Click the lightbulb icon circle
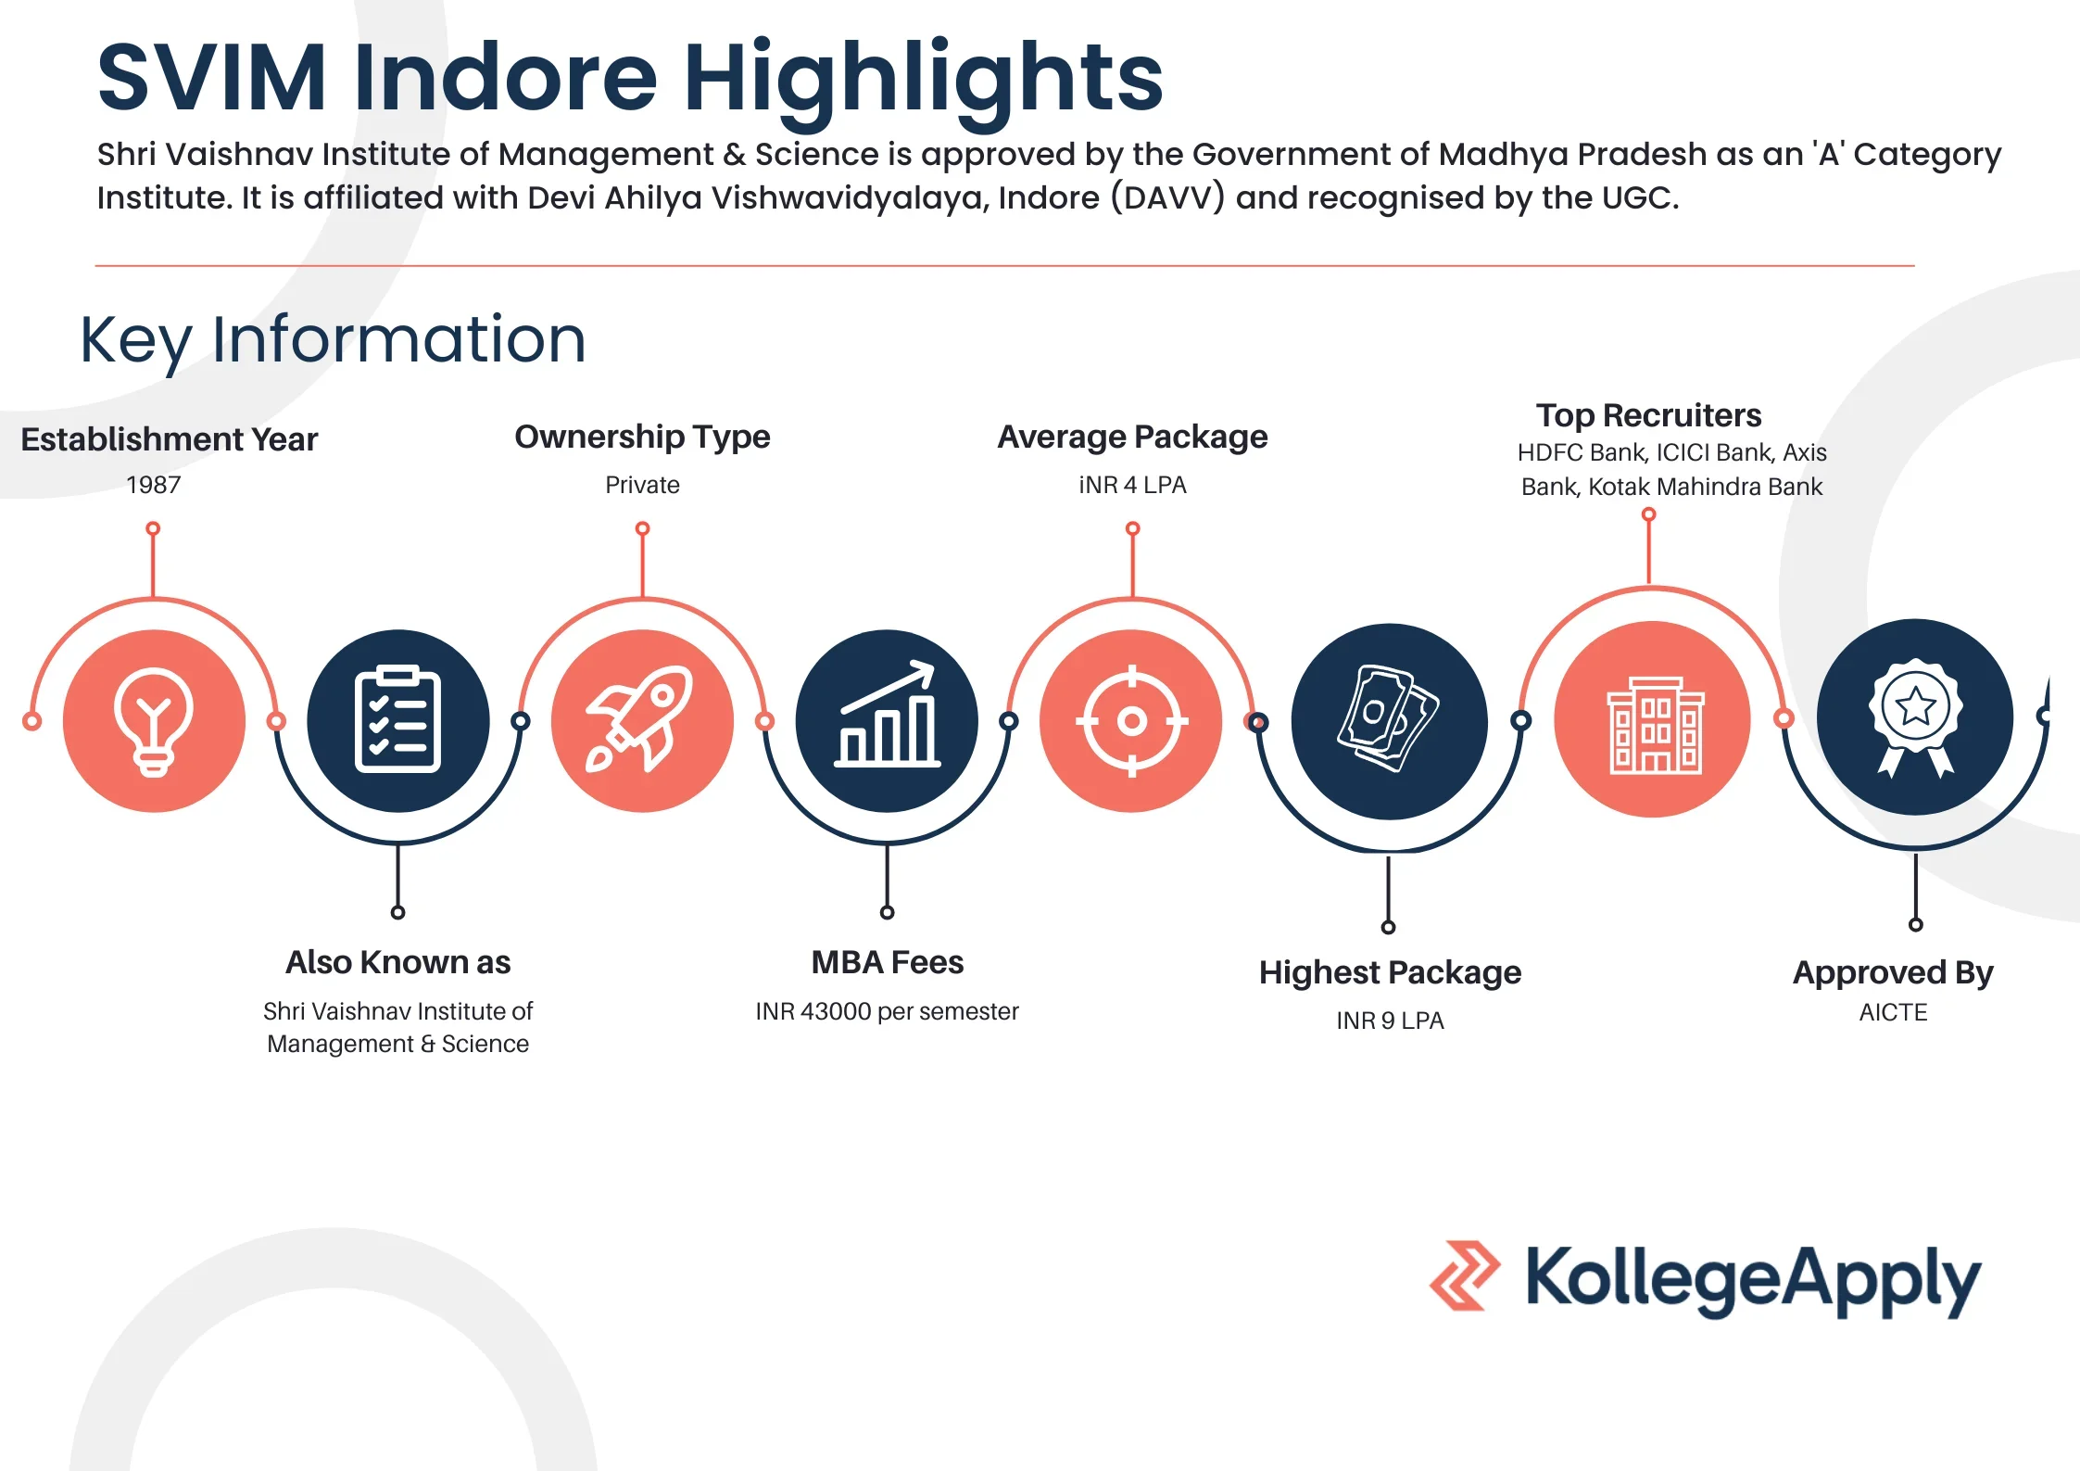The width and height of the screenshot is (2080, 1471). pos(154,720)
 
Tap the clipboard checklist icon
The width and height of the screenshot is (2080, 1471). pos(398,720)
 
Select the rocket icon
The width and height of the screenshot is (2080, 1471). pos(642,720)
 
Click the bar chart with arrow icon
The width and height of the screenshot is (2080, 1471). pos(887,720)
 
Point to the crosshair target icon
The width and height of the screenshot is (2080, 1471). pos(1131,720)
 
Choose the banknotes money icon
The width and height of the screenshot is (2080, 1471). pos(1389,720)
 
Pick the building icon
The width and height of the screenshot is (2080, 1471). pos(1652,720)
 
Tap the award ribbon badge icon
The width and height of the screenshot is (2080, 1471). pos(1915,716)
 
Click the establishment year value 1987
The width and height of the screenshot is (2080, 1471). pos(154,485)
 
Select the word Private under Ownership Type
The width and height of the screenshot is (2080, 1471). pos(642,485)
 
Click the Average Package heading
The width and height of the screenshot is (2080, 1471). pos(1132,437)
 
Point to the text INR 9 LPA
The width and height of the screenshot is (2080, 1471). pos(1390,1021)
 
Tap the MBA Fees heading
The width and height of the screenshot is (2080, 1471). pos(888,962)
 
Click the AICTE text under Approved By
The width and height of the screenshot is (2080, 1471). pos(1893,1012)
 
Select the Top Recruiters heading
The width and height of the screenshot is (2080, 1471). pos(1648,415)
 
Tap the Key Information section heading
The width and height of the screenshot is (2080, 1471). pos(333,340)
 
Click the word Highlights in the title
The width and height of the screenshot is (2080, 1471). pos(923,78)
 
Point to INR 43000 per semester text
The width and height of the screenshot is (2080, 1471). pos(887,1011)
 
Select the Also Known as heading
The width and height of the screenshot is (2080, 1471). pos(397,962)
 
